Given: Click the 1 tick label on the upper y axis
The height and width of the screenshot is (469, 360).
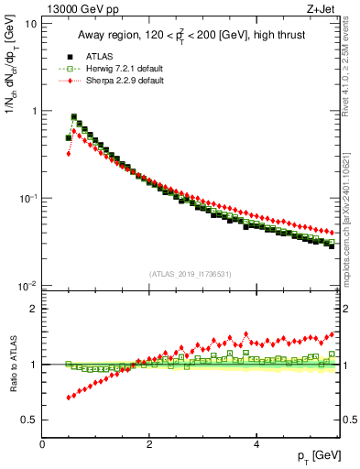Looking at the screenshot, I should [33, 111].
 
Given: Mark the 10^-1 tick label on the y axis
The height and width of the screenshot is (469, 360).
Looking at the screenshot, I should [27, 199].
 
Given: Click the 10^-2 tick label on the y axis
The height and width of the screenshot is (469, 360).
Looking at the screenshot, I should [27, 286].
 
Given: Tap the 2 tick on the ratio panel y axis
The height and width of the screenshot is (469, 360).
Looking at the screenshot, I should [33, 309].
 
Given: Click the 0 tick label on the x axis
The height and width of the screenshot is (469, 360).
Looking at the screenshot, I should [42, 444].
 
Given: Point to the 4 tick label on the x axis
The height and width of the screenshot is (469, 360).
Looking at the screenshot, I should [256, 444].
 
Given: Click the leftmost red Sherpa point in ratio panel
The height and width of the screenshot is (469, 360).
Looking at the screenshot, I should [69, 398].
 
